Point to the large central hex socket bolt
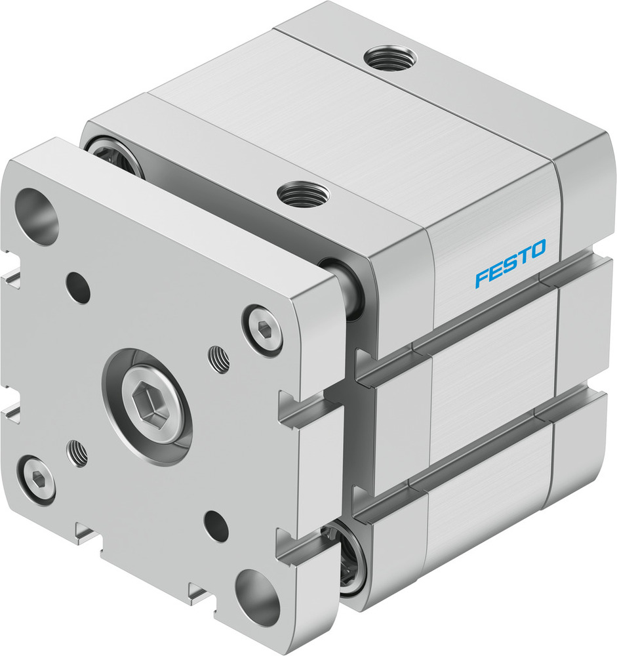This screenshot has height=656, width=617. pyautogui.click(x=149, y=400)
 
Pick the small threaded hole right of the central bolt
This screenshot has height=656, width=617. pyautogui.click(x=220, y=359)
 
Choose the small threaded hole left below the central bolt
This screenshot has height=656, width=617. pyautogui.click(x=78, y=453)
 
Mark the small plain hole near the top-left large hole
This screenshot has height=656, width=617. pyautogui.click(x=79, y=287)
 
